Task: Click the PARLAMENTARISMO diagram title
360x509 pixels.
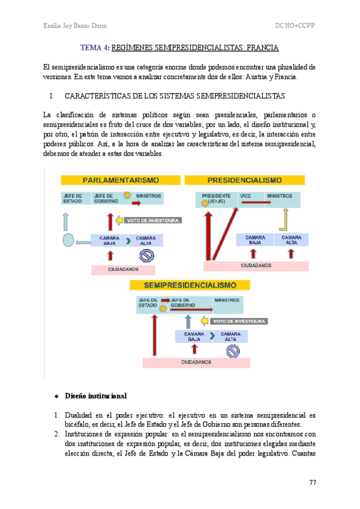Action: coord(121,180)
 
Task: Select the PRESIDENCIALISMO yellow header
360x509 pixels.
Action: coord(244,180)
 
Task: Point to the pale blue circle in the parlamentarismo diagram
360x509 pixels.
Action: coord(68,241)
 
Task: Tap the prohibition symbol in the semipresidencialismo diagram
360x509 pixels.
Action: coord(232,351)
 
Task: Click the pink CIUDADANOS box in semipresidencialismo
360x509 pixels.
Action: coord(196,363)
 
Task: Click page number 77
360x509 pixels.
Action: coord(313,483)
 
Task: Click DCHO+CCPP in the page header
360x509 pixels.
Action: coord(295,26)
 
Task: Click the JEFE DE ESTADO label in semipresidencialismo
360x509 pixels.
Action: coord(148,303)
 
